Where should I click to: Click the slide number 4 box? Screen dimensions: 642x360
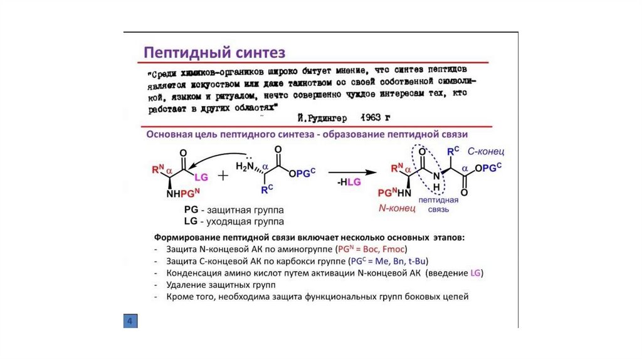(130, 321)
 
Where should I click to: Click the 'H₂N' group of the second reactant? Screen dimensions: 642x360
(245, 166)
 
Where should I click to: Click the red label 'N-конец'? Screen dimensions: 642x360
(397, 208)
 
